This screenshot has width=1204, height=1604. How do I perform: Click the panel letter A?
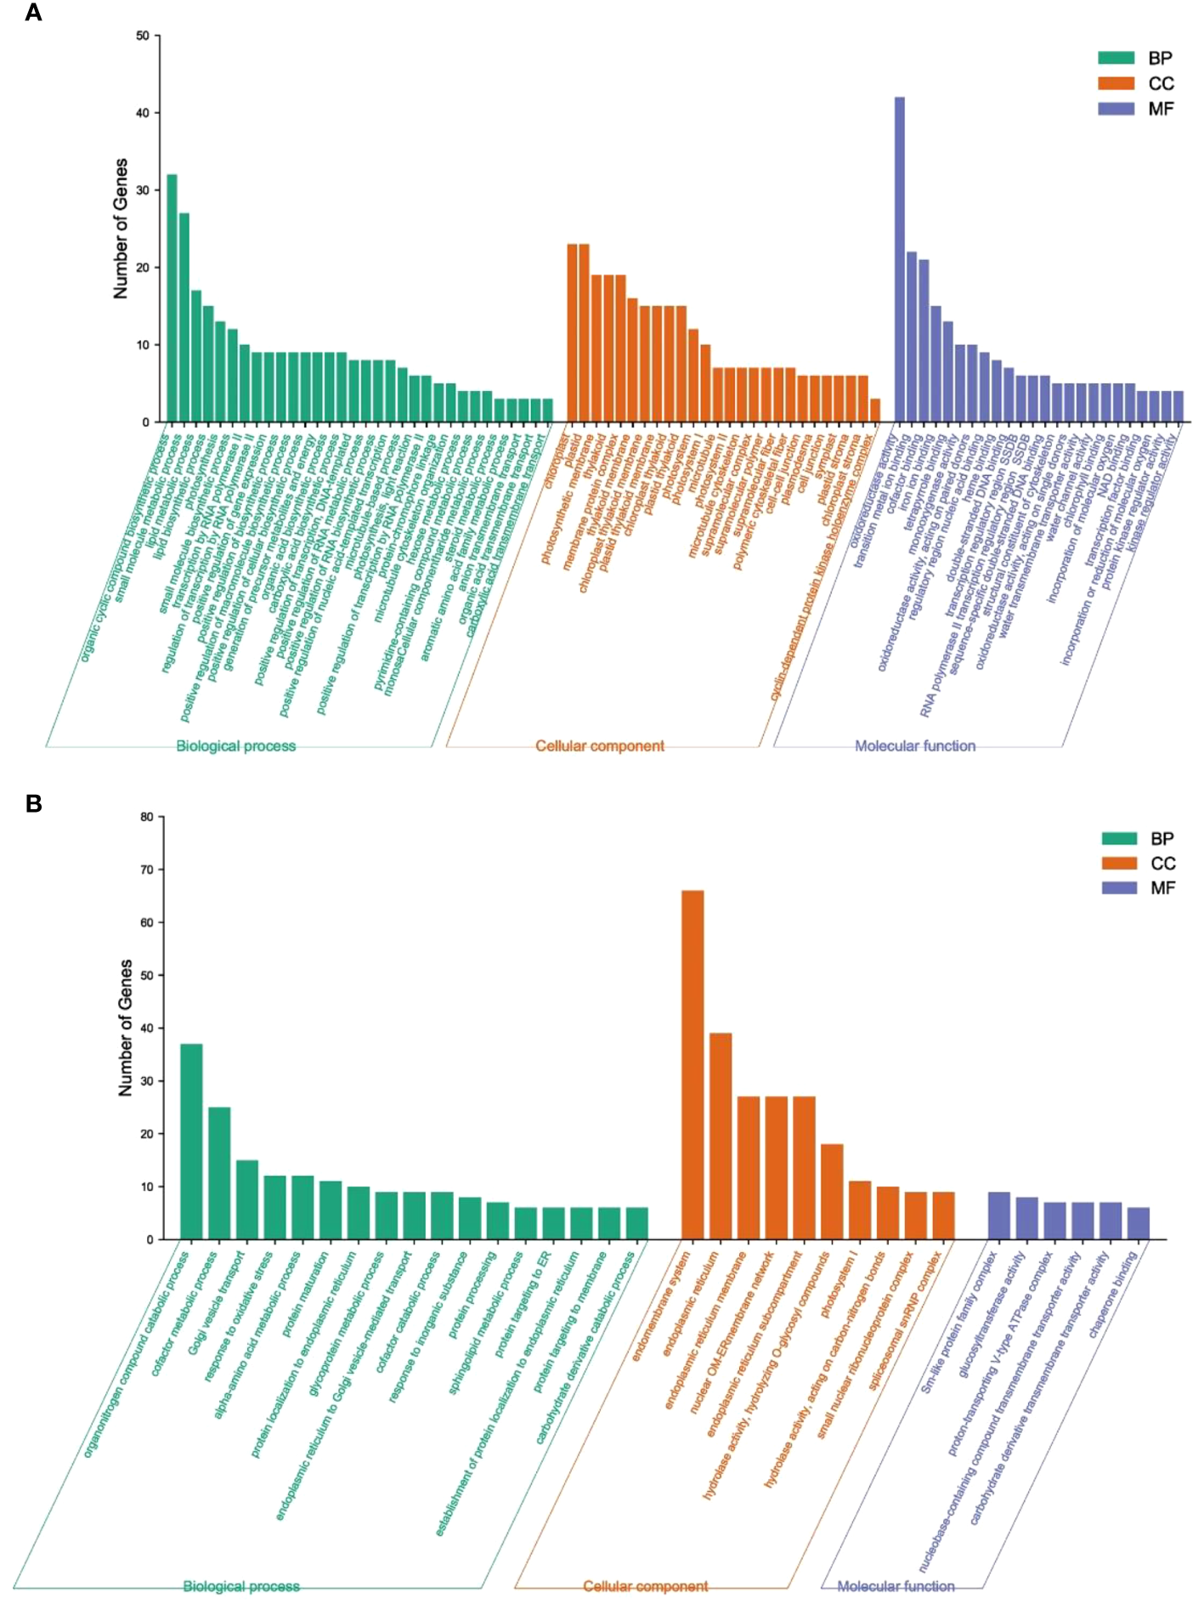[33, 13]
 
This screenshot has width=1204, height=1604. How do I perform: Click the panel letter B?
[34, 803]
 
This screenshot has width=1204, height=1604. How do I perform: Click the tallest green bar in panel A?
[172, 298]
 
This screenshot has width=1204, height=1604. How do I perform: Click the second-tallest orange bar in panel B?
[721, 1136]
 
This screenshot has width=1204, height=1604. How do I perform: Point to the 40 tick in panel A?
[142, 113]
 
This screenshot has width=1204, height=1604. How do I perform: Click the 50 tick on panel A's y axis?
[142, 36]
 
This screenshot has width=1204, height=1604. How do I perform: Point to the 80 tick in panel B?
[147, 817]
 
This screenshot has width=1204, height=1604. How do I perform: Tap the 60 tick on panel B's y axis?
[147, 922]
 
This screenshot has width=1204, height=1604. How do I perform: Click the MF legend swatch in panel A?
[1116, 109]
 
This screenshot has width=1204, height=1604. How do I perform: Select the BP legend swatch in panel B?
[1119, 838]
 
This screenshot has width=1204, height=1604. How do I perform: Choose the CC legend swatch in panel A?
[1116, 83]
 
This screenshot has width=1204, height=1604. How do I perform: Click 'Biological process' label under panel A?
[236, 745]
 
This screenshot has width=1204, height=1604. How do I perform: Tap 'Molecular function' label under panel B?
[896, 1586]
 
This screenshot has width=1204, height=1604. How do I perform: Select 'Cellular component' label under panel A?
[600, 745]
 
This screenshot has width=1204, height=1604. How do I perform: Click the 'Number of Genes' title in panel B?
[126, 1028]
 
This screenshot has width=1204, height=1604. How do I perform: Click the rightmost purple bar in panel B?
[1138, 1223]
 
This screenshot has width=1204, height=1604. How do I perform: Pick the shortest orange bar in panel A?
[875, 410]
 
